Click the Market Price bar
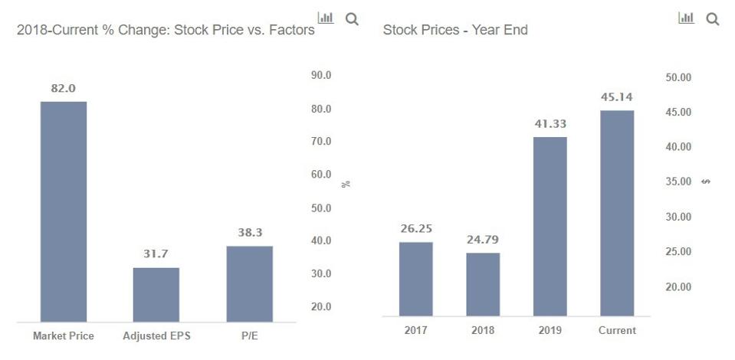(64, 211)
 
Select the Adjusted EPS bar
(156, 295)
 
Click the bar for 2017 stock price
(415, 279)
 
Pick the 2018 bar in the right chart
(483, 284)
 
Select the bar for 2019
(550, 226)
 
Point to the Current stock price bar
(617, 213)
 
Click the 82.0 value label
(64, 88)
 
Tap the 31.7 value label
(156, 254)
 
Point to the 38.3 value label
(249, 232)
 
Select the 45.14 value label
(617, 97)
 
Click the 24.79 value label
(483, 240)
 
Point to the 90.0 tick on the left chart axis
(321, 76)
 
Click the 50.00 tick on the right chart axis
(679, 77)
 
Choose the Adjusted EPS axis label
(156, 335)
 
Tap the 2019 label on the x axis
(550, 330)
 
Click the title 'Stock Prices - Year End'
(455, 31)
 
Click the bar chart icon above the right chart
(686, 18)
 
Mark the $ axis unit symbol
(705, 182)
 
